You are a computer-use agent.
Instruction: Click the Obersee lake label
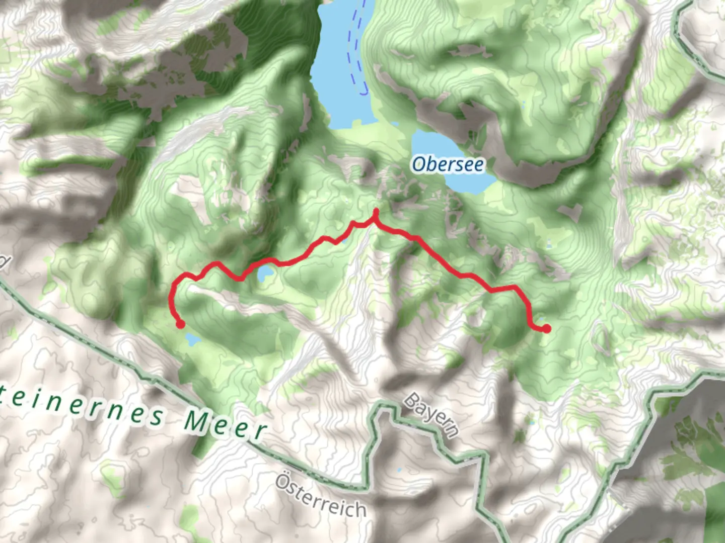448,164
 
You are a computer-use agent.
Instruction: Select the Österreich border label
321,496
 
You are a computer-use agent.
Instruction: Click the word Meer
225,424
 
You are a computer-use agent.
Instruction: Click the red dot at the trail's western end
180,325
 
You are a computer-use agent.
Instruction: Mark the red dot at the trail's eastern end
546,329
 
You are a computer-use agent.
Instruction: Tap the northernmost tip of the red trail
376,212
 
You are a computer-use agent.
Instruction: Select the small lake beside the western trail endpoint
192,340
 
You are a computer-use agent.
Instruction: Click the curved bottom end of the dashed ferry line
364,93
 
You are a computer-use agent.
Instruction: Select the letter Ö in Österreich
284,482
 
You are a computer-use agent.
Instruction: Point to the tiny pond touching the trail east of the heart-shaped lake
344,241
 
